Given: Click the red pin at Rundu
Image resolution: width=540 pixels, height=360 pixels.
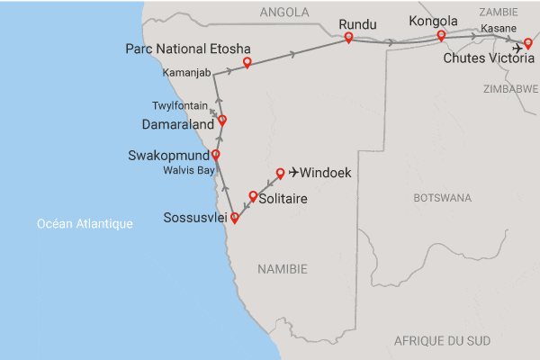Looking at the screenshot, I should coord(348,37).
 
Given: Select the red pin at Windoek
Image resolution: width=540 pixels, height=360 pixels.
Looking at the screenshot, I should coord(280,172).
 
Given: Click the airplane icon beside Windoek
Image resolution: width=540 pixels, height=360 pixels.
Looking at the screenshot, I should coord(293,173).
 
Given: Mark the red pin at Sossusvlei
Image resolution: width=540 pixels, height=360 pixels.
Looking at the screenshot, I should coord(235,217).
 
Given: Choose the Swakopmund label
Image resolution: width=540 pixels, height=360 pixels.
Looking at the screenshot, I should coord(168,156).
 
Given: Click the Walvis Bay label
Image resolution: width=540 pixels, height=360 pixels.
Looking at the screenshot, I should coord(188,169).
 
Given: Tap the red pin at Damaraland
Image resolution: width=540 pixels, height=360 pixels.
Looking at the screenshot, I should coord(222,119).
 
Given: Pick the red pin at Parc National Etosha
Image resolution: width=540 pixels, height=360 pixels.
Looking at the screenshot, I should coord(247,62).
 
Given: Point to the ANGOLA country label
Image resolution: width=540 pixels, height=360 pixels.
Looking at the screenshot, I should coord(283,13).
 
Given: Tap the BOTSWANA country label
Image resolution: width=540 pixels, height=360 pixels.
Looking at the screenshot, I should coord(442,197).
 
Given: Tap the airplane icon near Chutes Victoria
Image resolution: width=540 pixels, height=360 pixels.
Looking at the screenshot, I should coord(517,47).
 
